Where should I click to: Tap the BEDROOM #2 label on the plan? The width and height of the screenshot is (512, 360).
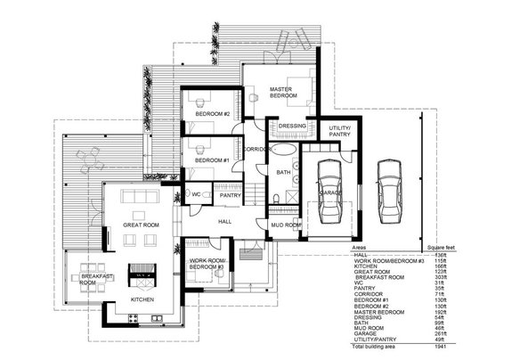214,114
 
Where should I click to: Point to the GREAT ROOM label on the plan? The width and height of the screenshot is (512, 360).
140,226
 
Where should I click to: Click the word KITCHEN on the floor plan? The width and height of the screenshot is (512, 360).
143,300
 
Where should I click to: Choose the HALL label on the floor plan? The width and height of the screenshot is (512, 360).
224,220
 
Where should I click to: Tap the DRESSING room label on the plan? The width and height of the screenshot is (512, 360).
292,127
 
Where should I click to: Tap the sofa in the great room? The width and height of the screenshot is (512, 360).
140,198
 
